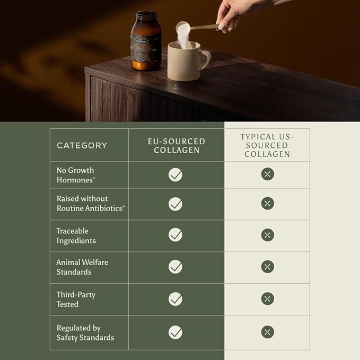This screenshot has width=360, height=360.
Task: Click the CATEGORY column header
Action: (x=82, y=146)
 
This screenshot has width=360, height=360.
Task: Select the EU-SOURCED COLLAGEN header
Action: (x=177, y=146)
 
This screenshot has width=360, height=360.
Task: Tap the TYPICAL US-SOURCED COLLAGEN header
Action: (x=267, y=146)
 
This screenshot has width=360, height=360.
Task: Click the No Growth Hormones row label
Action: (x=76, y=175)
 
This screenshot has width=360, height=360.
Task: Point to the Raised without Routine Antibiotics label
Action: (x=91, y=204)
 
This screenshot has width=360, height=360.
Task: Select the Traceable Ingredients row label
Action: (x=76, y=236)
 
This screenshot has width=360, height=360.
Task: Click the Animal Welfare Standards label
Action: (x=82, y=267)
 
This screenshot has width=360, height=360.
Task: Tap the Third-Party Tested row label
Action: (x=76, y=300)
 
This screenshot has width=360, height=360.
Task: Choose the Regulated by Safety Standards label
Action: (x=85, y=332)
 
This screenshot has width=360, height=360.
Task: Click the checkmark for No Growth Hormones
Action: (x=175, y=175)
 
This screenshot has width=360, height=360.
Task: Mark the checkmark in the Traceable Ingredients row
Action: (x=175, y=235)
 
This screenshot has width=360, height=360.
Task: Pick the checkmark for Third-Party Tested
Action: (x=175, y=299)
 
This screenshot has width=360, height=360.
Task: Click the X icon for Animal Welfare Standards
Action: (x=267, y=267)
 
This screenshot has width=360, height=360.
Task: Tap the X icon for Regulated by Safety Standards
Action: (x=267, y=332)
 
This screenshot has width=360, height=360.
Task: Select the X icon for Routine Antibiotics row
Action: (x=267, y=204)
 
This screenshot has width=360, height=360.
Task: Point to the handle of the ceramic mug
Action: (x=206, y=60)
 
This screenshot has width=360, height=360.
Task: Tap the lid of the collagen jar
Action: (x=146, y=15)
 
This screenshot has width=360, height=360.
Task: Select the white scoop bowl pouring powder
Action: (x=183, y=28)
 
